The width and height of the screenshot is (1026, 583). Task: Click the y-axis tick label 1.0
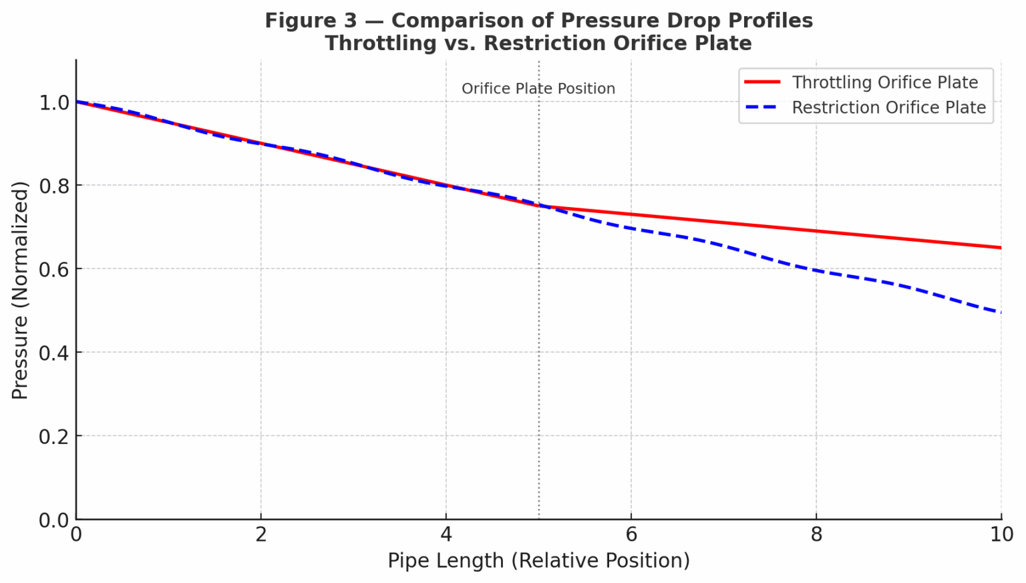(x=53, y=102)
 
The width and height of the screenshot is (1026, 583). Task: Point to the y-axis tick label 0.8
(x=53, y=186)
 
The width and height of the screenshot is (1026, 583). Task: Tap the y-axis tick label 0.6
(x=53, y=269)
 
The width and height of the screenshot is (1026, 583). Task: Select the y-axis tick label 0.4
(x=53, y=353)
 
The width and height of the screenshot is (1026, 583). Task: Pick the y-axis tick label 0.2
(x=53, y=437)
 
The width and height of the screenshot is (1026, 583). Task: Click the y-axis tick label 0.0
(x=53, y=520)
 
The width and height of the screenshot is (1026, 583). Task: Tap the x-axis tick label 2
(x=261, y=535)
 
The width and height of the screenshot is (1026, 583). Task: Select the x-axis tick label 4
(x=446, y=535)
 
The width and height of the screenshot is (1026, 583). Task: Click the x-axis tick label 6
(x=631, y=535)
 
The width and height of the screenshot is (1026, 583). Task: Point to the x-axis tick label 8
(x=816, y=535)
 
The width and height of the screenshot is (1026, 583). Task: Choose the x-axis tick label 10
(x=1001, y=535)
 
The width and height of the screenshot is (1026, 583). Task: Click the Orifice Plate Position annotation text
(x=538, y=89)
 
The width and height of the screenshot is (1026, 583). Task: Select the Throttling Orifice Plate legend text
(x=885, y=82)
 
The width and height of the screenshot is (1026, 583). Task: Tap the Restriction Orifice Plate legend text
(x=889, y=108)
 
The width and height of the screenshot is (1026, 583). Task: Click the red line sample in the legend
(x=762, y=82)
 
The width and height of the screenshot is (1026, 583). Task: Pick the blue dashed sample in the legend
(x=762, y=108)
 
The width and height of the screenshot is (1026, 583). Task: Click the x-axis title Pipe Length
(x=538, y=561)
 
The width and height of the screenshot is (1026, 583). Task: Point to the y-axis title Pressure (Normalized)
(x=20, y=290)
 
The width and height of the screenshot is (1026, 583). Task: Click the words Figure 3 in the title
(x=311, y=21)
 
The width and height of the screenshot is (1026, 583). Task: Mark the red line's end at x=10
(x=1001, y=248)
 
